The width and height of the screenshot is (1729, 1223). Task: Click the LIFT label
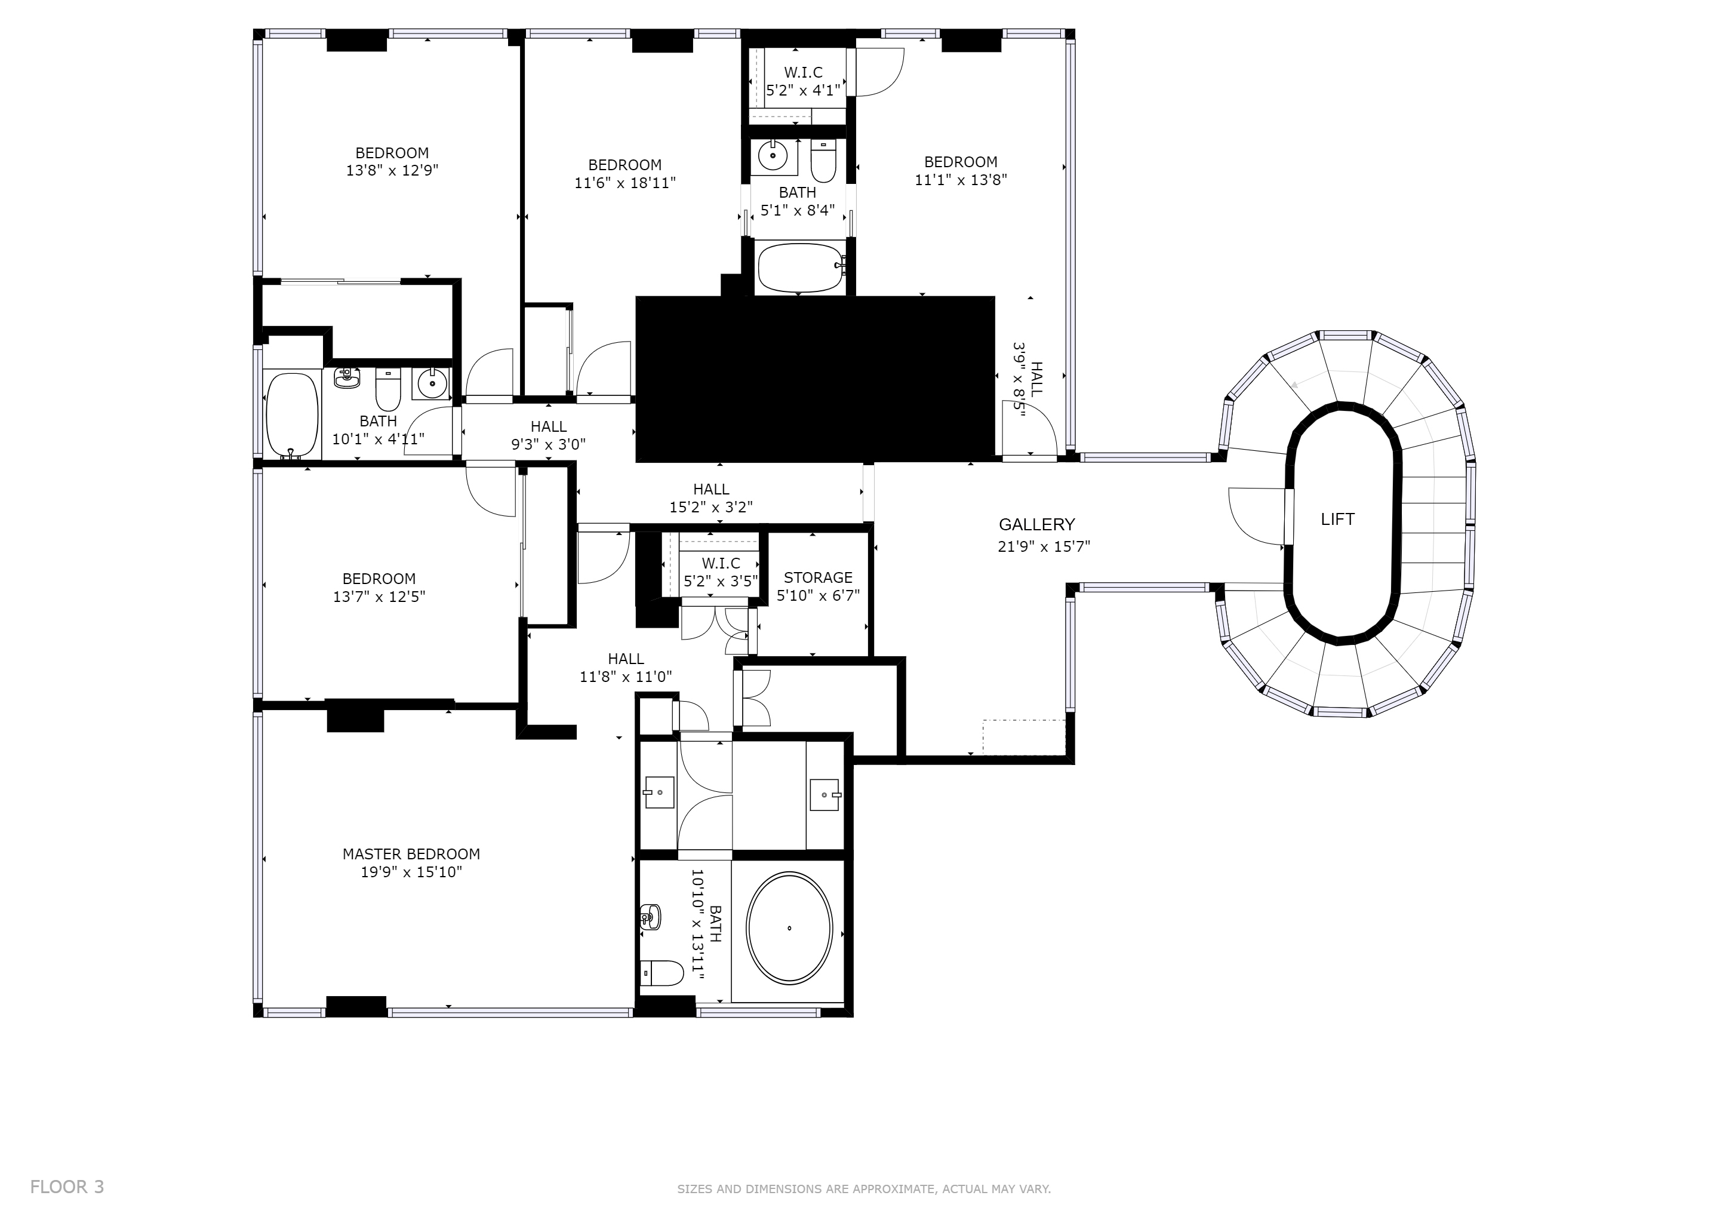click(x=1337, y=519)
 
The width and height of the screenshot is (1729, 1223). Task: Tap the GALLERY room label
click(x=1037, y=525)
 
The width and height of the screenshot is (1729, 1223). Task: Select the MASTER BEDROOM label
click(x=411, y=854)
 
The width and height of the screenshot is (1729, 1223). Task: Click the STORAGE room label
click(x=818, y=577)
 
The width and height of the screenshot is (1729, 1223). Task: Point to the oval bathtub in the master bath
click(x=789, y=928)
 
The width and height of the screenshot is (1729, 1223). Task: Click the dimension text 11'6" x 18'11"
click(x=625, y=182)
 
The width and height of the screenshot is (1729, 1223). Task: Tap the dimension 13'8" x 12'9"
click(x=392, y=170)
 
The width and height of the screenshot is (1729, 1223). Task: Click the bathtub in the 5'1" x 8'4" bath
click(x=802, y=268)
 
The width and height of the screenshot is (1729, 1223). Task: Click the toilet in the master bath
click(x=662, y=973)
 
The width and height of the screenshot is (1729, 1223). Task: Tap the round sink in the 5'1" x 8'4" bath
click(x=773, y=156)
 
